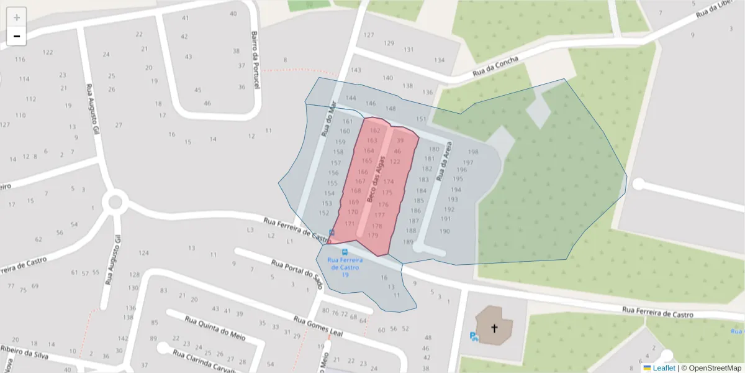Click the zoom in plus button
16,17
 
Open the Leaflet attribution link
663,368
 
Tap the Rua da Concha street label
495,67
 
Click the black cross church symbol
495,328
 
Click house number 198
473,152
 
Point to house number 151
422,119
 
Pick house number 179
373,236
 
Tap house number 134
440,60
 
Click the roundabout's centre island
115,202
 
